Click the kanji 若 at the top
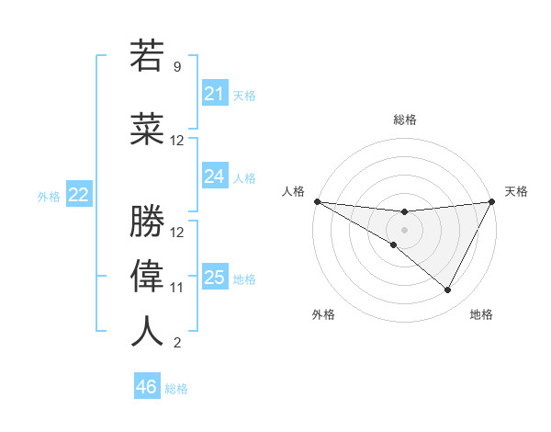[148, 56]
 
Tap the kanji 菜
[148, 130]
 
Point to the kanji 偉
[148, 276]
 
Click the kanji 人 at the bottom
[148, 331]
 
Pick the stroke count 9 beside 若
[177, 67]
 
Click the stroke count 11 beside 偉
[177, 288]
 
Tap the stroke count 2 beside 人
[177, 343]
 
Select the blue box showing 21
[214, 94]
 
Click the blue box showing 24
[214, 176]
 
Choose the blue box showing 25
[214, 278]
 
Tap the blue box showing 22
[79, 195]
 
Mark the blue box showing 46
[147, 387]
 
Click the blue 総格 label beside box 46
[176, 389]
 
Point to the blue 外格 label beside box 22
[49, 196]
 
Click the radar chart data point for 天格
[491, 201]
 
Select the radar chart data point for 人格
[317, 201]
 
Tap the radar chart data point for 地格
[448, 290]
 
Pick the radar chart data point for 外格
[394, 244]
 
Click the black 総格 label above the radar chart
[404, 119]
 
